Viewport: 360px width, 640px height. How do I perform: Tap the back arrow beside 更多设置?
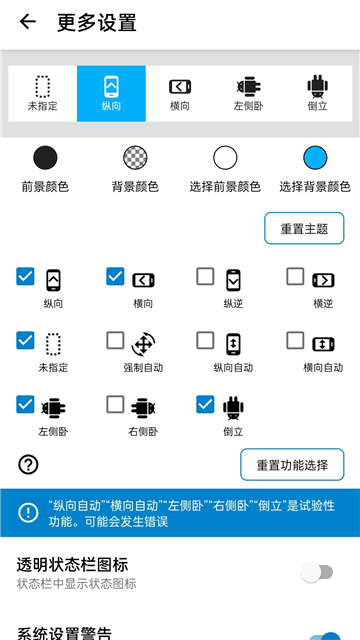coord(27,22)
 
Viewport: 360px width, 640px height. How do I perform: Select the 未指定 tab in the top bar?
coord(42,93)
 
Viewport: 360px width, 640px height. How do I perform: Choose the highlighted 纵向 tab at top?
coord(111,93)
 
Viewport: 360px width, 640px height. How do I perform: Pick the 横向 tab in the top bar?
coord(180,93)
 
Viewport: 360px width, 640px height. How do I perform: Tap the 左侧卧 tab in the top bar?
coord(249,93)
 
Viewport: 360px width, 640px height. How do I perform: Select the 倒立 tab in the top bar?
coord(318,93)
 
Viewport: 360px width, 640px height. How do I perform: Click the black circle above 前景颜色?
coord(45,157)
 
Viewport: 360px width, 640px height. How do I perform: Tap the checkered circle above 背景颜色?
coord(135,157)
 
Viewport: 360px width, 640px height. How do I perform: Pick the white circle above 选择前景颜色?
coord(225,157)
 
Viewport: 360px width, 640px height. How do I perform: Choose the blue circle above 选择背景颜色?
coord(315,157)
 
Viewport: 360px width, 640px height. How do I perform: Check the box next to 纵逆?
coord(205,276)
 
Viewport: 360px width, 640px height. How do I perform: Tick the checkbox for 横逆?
coord(295,276)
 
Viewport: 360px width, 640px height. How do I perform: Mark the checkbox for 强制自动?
coord(115,341)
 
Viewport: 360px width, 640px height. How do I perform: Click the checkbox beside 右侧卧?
coord(115,405)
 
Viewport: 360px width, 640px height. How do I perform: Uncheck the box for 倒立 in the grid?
coord(205,405)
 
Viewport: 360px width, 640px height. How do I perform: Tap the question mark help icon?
coord(28,464)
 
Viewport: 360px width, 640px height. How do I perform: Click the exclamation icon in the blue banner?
coord(27,512)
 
